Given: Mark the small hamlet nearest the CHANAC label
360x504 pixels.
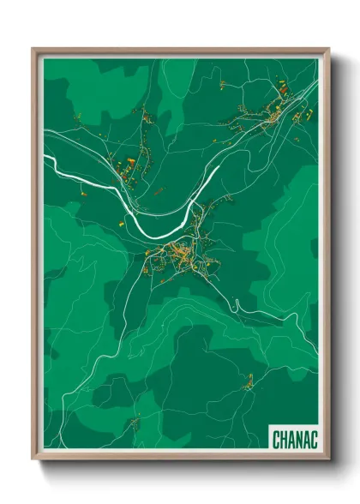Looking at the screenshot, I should click(x=248, y=383).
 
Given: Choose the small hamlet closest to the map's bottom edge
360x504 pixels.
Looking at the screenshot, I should click(x=133, y=422).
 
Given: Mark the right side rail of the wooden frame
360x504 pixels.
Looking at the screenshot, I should click(x=326, y=257).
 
